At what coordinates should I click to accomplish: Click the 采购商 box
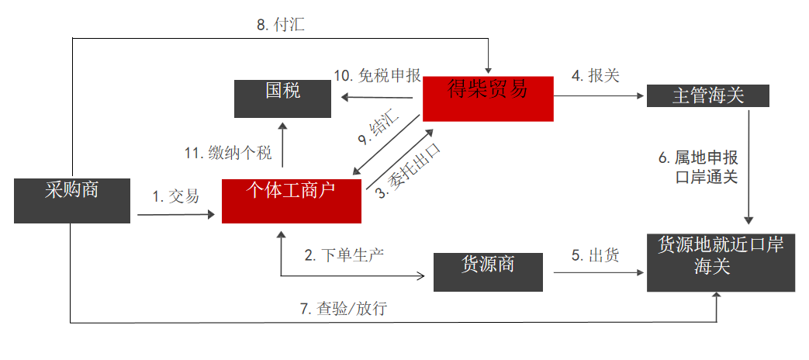[x=72, y=200]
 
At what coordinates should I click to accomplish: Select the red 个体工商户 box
[x=292, y=201]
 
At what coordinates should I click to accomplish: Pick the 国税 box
[x=284, y=99]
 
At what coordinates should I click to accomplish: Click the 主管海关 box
[x=708, y=95]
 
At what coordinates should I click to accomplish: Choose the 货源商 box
[x=488, y=272]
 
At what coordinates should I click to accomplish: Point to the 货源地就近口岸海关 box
[x=721, y=261]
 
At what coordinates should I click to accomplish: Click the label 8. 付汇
[x=281, y=25]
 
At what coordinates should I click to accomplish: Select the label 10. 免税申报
[x=378, y=76]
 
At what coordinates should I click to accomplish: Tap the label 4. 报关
[x=595, y=76]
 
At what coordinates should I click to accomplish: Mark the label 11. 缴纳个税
[x=228, y=153]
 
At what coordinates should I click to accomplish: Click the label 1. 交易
[x=175, y=197]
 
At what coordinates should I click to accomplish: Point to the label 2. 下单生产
[x=344, y=254]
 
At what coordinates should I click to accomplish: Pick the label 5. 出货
[x=595, y=254]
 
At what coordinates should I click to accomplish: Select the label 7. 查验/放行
[x=344, y=308]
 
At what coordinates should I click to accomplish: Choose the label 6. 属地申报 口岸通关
[x=698, y=168]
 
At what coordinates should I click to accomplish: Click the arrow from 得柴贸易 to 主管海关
[x=600, y=97]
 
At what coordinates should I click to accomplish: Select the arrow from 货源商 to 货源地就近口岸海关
[x=600, y=272]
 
